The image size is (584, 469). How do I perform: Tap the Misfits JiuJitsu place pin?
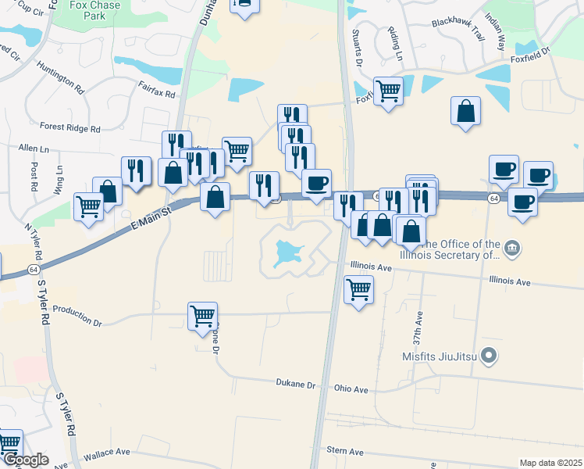coord(489,356)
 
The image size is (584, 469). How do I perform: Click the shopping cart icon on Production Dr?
coord(202,316)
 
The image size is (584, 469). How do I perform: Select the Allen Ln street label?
coord(34,149)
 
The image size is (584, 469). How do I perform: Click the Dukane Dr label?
coord(294,384)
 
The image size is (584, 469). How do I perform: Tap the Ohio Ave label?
coord(351,388)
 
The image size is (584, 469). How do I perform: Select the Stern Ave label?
coord(345,452)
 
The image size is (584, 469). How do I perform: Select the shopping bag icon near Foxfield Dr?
coord(465,111)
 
